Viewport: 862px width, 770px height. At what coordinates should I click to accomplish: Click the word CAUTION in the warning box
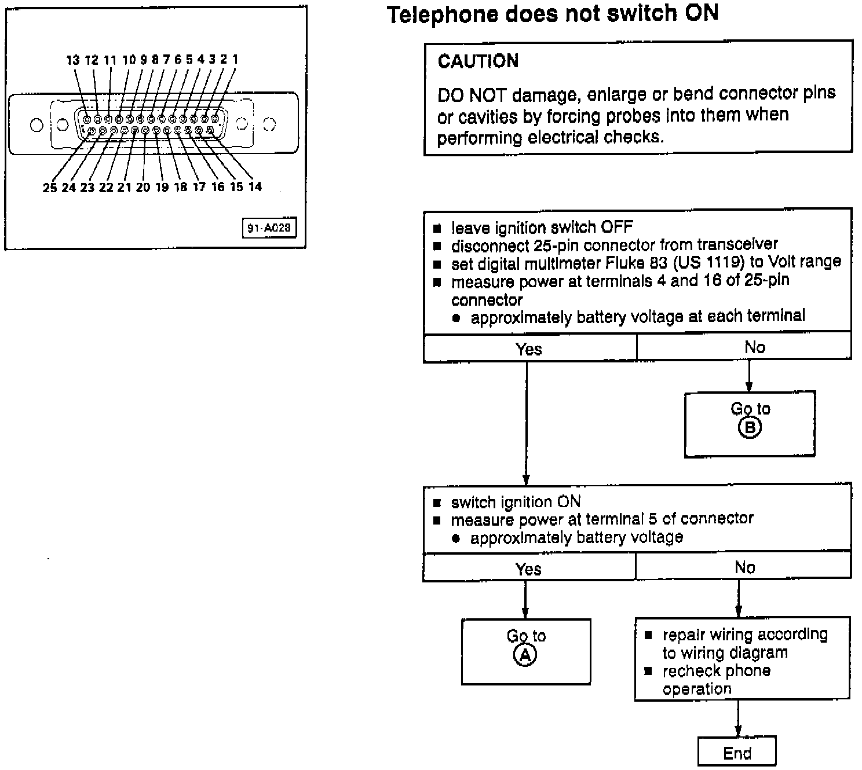coord(478,61)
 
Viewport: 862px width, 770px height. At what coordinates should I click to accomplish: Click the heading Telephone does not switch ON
coord(552,14)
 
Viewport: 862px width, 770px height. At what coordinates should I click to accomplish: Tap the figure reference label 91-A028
coord(269,228)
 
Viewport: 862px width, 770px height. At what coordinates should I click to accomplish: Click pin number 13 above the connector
coord(72,60)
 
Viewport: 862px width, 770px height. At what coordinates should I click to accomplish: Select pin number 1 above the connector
coord(235,58)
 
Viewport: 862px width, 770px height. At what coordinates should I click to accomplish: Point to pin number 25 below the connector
coord(50,188)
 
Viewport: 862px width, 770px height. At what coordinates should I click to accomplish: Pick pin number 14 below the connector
coord(255,186)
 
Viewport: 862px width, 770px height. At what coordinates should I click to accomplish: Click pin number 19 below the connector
coord(162,187)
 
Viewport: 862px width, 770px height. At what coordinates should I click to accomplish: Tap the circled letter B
coord(750,428)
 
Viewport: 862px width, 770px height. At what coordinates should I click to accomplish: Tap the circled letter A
coord(525,655)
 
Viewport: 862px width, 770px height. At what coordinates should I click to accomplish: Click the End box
coord(737,753)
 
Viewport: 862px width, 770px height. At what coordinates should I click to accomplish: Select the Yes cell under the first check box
coord(529,349)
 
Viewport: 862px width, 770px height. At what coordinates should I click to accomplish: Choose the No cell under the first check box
coord(754,347)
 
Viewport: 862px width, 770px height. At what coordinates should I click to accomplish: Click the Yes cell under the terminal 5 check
coord(528,569)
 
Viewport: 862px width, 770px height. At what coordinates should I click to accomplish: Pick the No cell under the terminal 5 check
coord(744,568)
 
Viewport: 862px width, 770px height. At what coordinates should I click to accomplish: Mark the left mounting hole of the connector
coord(36,124)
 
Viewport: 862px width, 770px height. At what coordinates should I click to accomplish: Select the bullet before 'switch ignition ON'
coord(437,503)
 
